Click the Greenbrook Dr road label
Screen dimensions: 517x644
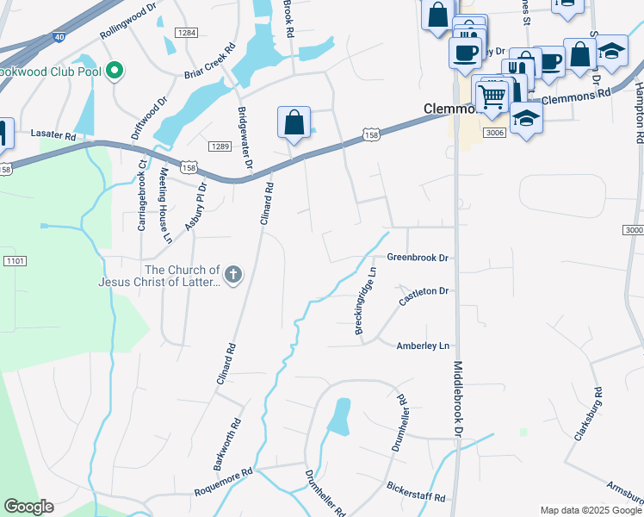pos(418,258)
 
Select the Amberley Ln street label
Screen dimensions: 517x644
pos(423,346)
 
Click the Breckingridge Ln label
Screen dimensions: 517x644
pos(366,301)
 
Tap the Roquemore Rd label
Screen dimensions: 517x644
pos(222,482)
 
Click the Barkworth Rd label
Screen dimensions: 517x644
pos(229,444)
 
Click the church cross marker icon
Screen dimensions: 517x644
pos(232,275)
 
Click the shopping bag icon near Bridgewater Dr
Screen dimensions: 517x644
pos(294,122)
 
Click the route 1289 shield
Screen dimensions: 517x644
pos(220,146)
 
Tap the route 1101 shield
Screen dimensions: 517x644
pos(15,260)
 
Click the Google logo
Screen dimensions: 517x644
pos(28,507)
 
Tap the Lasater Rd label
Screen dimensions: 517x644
pos(53,135)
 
